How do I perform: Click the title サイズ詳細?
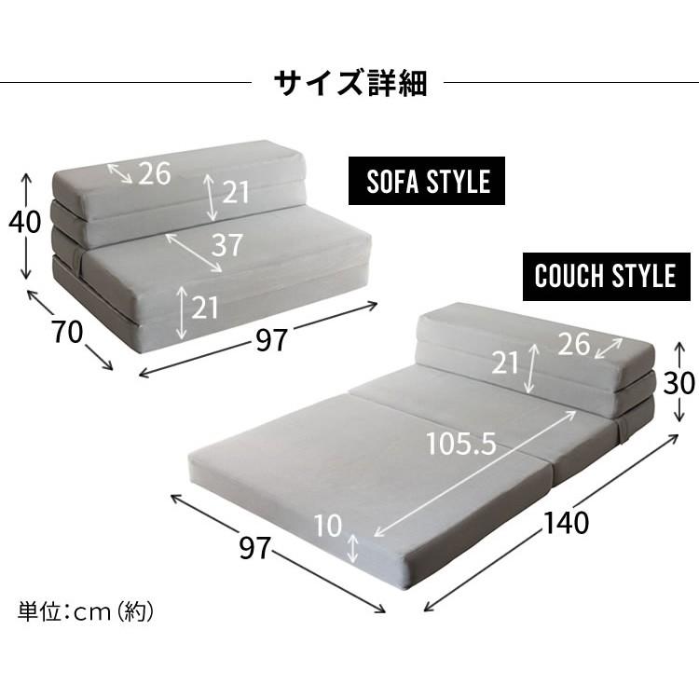349,83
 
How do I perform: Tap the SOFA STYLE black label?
427,181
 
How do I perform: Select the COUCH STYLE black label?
605,276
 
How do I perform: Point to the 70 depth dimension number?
67,332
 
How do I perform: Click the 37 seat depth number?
226,245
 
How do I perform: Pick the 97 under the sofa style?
271,342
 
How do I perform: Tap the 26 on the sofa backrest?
155,173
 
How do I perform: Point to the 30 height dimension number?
680,383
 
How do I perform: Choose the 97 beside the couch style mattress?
254,550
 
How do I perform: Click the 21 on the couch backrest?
504,363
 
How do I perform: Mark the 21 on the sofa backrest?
236,192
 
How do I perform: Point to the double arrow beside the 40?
25,225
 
